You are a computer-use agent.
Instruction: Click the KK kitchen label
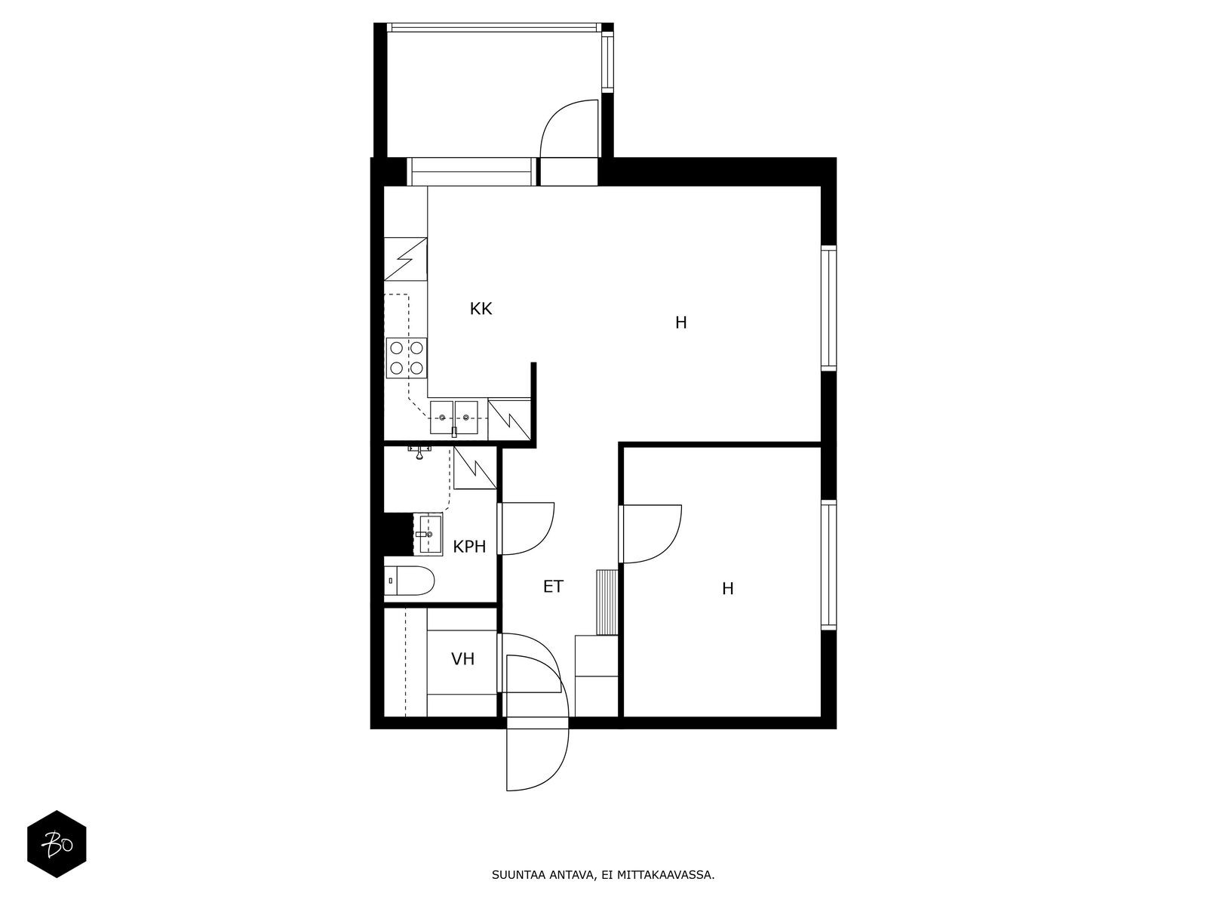pyautogui.click(x=481, y=309)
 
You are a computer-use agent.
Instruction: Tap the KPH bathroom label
pyautogui.click(x=469, y=546)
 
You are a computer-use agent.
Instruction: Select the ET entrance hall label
pyautogui.click(x=553, y=587)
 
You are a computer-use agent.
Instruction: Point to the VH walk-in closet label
pyautogui.click(x=462, y=658)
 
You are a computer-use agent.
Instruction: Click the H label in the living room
pyautogui.click(x=680, y=322)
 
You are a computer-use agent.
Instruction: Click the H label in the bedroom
pyautogui.click(x=727, y=589)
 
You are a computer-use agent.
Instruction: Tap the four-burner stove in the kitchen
pyautogui.click(x=407, y=358)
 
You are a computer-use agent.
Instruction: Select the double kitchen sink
pyautogui.click(x=453, y=418)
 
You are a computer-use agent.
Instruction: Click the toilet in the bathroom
pyautogui.click(x=409, y=581)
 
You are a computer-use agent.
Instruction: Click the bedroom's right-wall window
pyautogui.click(x=828, y=565)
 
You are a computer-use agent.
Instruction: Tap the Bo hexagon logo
pyautogui.click(x=57, y=844)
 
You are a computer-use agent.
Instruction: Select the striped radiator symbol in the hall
pyautogui.click(x=607, y=602)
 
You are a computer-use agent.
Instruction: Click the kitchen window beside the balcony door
pyautogui.click(x=471, y=171)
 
